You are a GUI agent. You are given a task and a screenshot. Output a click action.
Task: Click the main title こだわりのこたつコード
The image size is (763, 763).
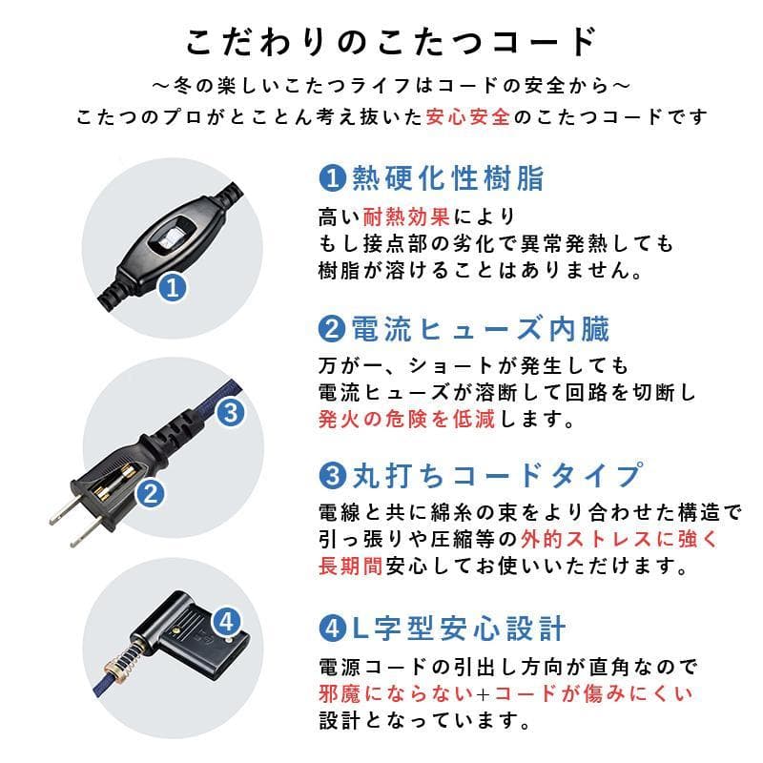pyautogui.click(x=391, y=42)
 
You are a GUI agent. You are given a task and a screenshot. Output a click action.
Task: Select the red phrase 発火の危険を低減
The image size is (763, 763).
pyautogui.click(x=406, y=420)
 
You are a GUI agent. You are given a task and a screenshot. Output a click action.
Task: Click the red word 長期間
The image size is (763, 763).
pyautogui.click(x=350, y=566)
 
